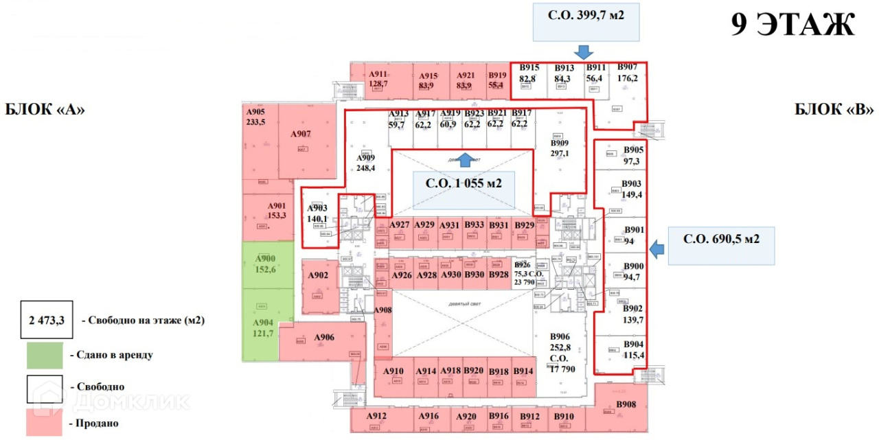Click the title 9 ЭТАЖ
pyautogui.click(x=792, y=25)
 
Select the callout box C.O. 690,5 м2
pyautogui.click(x=722, y=245)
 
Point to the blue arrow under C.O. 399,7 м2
pyautogui.click(x=584, y=51)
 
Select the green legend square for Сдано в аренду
pyautogui.click(x=45, y=355)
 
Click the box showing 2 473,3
pyautogui.click(x=46, y=320)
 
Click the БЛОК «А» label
pyautogui.click(x=45, y=109)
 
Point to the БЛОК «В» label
pyautogui.click(x=834, y=109)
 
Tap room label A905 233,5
pyautogui.click(x=256, y=118)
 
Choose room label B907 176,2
pyautogui.click(x=627, y=73)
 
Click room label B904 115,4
pyautogui.click(x=632, y=349)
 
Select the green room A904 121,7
pyautogui.click(x=263, y=328)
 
